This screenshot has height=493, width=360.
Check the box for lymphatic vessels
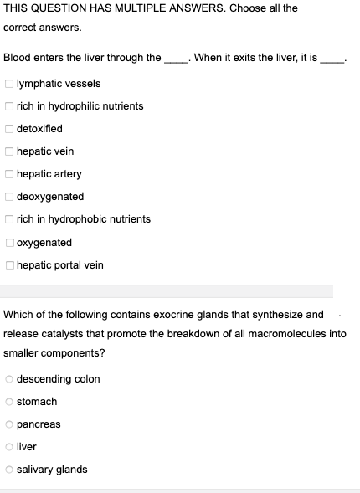point(8,84)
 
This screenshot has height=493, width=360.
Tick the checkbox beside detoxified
point(8,129)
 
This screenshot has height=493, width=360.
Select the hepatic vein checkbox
point(8,151)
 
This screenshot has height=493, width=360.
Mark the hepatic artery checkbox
point(8,174)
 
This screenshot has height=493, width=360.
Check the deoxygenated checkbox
point(8,197)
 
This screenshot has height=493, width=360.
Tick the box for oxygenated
point(8,243)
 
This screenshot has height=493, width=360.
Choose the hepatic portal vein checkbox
point(8,265)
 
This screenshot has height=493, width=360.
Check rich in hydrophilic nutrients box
point(8,106)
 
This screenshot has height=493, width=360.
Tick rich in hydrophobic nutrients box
point(8,219)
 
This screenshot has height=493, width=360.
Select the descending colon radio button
point(8,379)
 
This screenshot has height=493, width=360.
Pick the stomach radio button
point(8,402)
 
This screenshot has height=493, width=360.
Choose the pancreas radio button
point(8,424)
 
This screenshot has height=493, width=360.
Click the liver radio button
point(8,447)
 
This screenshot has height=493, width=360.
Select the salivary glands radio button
point(8,470)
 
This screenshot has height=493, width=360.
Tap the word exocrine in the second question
point(173,315)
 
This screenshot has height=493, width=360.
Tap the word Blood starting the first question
point(17,58)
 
